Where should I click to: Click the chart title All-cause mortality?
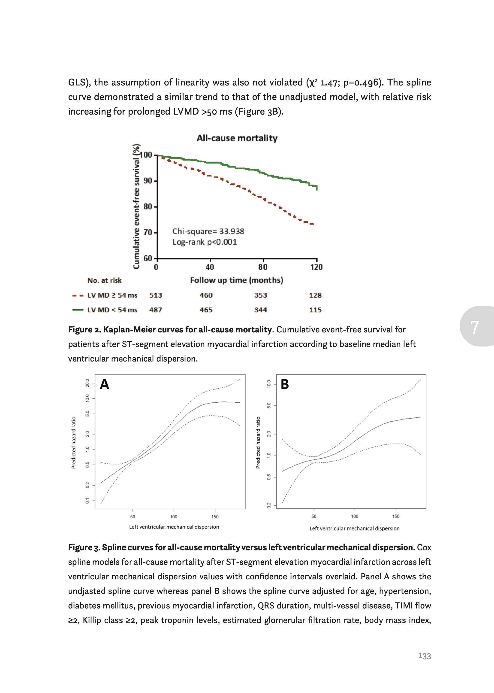point(237,138)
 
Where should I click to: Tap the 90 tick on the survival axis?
point(148,181)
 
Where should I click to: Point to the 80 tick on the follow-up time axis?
point(263,267)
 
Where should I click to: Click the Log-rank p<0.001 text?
point(205,242)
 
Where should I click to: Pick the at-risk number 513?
point(155,295)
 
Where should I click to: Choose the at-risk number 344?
point(261,310)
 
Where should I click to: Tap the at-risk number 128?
point(315,295)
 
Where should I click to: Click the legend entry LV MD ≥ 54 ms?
point(112,295)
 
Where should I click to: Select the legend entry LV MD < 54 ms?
point(112,310)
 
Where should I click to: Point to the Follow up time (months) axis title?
point(236,280)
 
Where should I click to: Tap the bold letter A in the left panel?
point(105,384)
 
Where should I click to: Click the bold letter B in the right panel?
point(285,384)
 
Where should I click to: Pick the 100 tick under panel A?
point(174,517)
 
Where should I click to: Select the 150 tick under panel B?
point(396,517)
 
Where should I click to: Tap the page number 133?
point(424,656)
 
